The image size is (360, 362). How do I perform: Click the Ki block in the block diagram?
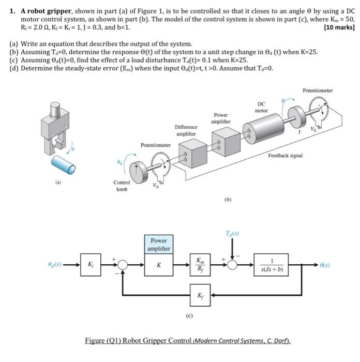[x=90, y=264]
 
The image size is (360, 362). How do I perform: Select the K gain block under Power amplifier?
[x=159, y=265]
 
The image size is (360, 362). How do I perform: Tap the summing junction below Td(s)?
[x=233, y=265]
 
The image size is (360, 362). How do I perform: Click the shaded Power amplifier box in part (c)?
[x=159, y=244]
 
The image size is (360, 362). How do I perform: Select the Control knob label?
[x=122, y=186]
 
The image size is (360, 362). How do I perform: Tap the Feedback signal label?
[x=286, y=155]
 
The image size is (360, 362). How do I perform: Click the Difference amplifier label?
[x=186, y=130]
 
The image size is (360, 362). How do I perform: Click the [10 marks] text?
[x=339, y=27]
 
